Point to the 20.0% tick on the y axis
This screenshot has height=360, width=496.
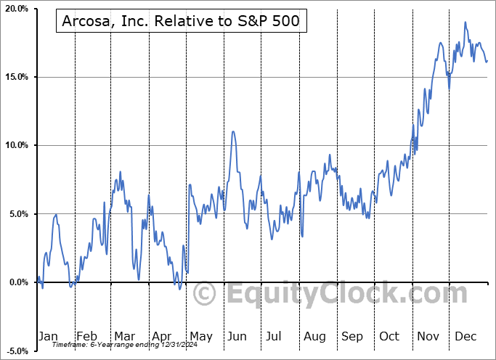16,9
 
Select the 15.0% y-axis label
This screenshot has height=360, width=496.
16,77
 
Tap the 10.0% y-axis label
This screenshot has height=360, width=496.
16,145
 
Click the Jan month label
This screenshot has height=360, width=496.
48,336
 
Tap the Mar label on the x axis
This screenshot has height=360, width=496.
124,336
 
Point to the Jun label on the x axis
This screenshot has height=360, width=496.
237,336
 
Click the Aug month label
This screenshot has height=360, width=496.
314,336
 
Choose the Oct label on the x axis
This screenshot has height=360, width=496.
389,336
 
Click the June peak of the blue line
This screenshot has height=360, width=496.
232,131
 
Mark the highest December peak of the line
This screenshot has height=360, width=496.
465,22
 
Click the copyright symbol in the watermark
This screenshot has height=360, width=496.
205,295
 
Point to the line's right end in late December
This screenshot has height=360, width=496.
487,61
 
